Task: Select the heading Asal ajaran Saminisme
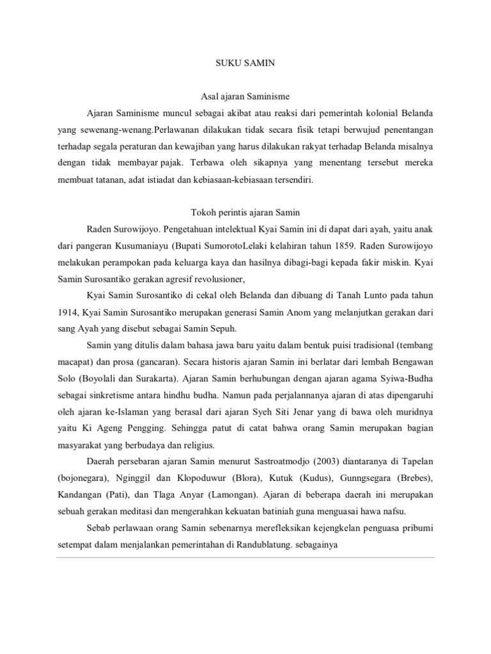[x=245, y=96]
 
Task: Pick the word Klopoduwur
[x=183, y=478]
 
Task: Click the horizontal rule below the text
[x=245, y=556]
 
